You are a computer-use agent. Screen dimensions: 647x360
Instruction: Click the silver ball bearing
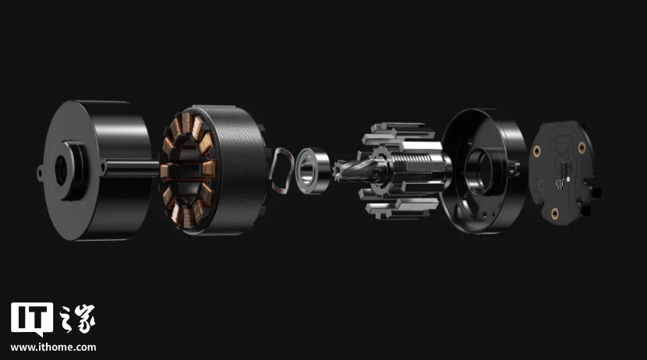point(313,171)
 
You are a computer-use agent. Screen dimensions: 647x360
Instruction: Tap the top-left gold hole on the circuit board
point(536,151)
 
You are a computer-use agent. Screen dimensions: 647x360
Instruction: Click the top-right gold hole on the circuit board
point(582,147)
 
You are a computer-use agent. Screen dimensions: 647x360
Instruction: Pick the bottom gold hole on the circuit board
point(555,214)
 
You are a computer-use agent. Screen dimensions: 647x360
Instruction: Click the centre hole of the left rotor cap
point(61,171)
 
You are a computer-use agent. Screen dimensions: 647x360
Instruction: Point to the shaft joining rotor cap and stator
point(131,168)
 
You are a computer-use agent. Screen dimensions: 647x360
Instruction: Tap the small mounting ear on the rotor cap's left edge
point(40,173)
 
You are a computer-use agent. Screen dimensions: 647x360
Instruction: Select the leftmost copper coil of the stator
point(164,171)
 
